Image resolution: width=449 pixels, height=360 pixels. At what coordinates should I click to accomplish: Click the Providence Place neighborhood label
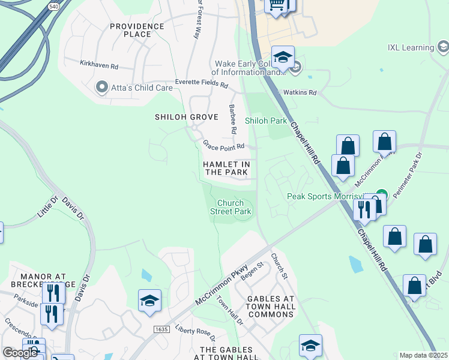click(137, 30)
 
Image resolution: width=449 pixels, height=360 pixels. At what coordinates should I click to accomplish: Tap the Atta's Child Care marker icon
click(101, 88)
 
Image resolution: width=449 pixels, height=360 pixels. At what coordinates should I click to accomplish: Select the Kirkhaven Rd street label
click(99, 63)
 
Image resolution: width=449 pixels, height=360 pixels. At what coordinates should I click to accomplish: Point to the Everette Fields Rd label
click(202, 83)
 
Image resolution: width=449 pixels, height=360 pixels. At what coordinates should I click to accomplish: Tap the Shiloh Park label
click(266, 121)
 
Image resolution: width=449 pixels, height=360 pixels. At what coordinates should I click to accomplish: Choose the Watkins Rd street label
click(300, 92)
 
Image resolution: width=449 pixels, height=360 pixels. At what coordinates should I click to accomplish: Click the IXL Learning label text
click(411, 47)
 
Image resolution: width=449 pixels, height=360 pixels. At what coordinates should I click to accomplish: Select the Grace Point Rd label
click(223, 145)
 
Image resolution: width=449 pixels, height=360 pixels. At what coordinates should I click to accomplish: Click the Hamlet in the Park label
click(226, 168)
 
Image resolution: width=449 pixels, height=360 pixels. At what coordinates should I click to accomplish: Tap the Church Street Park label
click(231, 207)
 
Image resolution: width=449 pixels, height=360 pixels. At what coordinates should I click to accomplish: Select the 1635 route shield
click(161, 329)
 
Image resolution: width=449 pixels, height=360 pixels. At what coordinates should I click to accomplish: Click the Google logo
click(20, 353)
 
